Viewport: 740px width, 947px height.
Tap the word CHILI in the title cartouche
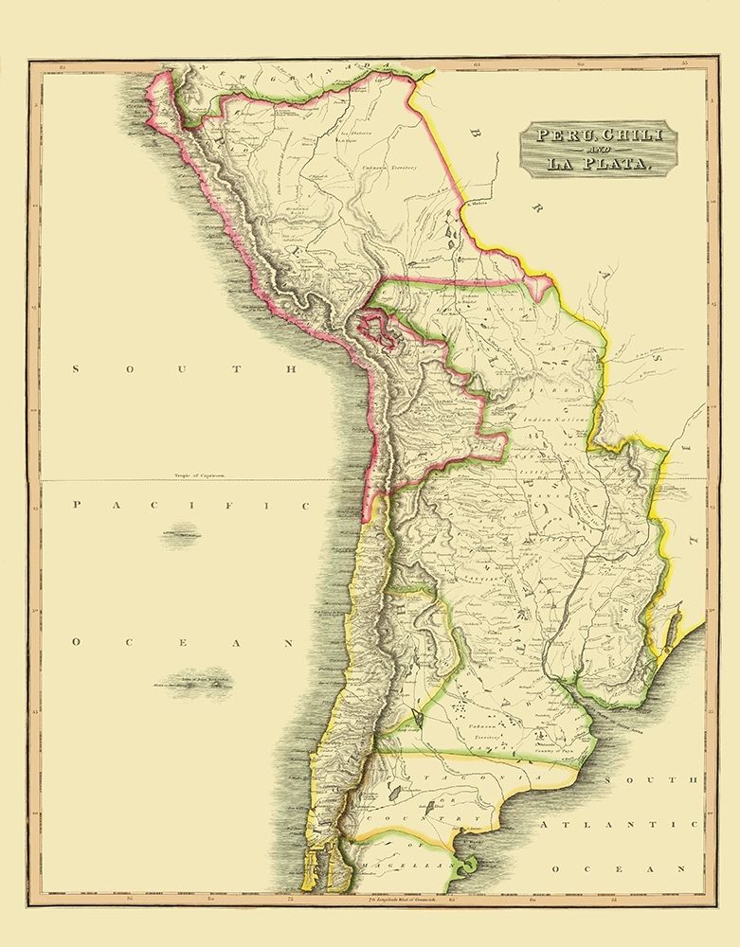tap(626, 134)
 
